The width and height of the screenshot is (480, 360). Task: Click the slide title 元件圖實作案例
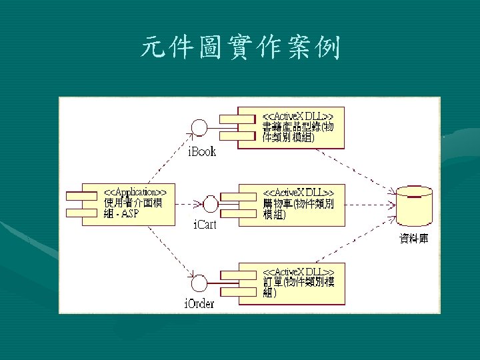pos(240,49)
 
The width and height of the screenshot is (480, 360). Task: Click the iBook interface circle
pos(198,127)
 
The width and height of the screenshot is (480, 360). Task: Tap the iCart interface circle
pos(211,202)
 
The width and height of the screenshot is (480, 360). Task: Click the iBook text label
pos(201,151)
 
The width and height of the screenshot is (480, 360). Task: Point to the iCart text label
pos(205,225)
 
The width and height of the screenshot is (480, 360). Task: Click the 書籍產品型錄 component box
pos(293,126)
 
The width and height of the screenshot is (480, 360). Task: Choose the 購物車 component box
pos(293,203)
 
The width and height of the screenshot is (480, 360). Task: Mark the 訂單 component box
pos(293,283)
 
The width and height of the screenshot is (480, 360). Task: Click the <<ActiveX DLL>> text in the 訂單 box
pos(298,272)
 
